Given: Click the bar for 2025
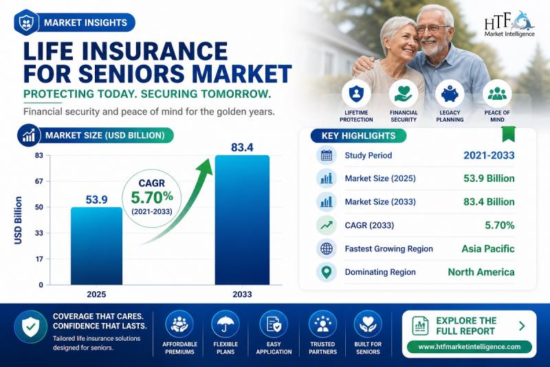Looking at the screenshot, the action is [x=96, y=246].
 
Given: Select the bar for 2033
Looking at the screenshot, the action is [x=242, y=220].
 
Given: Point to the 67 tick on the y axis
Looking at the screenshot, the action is [x=39, y=181].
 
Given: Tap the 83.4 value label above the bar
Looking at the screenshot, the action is [x=242, y=147].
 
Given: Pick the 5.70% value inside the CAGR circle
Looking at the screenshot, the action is [x=152, y=198].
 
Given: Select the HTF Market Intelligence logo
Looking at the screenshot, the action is [x=509, y=24].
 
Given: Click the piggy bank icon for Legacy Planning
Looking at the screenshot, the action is [x=450, y=94].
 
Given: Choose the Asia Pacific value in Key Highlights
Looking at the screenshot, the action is [x=488, y=249].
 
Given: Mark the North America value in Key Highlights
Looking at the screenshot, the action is [x=481, y=272].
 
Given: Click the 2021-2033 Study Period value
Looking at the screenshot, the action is [x=489, y=155].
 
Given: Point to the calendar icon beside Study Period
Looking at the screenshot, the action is [x=327, y=155].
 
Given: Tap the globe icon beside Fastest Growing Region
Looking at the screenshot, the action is [x=327, y=249].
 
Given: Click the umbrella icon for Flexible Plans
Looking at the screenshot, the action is [x=225, y=324].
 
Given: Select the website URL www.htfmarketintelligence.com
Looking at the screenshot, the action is [x=470, y=346].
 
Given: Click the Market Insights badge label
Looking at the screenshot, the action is [x=85, y=23].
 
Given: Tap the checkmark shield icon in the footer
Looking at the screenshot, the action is [x=31, y=326].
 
